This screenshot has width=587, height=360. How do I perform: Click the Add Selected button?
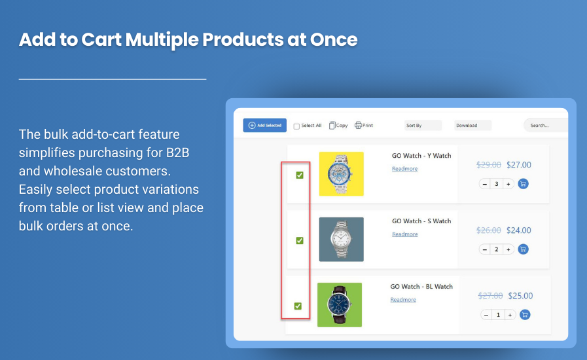click(x=264, y=125)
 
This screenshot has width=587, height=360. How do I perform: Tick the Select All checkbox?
click(x=296, y=126)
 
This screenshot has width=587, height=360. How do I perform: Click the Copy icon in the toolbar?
click(x=332, y=125)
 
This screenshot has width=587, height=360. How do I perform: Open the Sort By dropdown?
click(x=422, y=125)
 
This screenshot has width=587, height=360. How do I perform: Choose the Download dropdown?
click(x=472, y=125)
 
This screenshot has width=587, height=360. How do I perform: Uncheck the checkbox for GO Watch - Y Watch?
click(x=300, y=175)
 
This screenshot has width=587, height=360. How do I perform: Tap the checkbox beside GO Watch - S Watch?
click(x=300, y=240)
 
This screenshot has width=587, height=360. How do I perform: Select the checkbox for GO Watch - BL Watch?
click(x=298, y=306)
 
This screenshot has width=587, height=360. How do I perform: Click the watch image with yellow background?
click(x=341, y=174)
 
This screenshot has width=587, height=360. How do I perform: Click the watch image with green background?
click(x=339, y=304)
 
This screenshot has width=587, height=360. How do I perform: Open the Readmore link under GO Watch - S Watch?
click(x=404, y=234)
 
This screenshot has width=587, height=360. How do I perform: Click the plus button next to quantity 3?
click(x=508, y=184)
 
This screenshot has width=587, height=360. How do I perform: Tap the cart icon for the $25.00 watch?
click(x=524, y=315)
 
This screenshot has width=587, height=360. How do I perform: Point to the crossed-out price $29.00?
click(x=489, y=165)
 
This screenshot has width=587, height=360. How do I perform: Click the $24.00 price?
click(x=519, y=230)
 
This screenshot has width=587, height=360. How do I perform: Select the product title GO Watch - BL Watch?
click(x=421, y=287)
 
